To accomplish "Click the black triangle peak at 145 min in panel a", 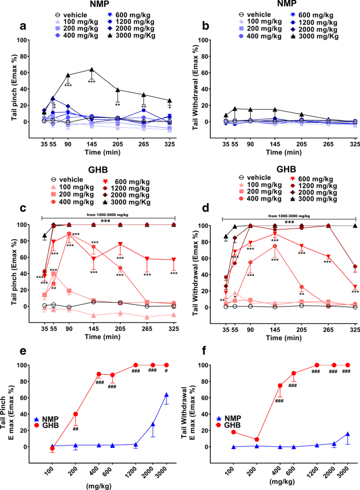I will [92, 69].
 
